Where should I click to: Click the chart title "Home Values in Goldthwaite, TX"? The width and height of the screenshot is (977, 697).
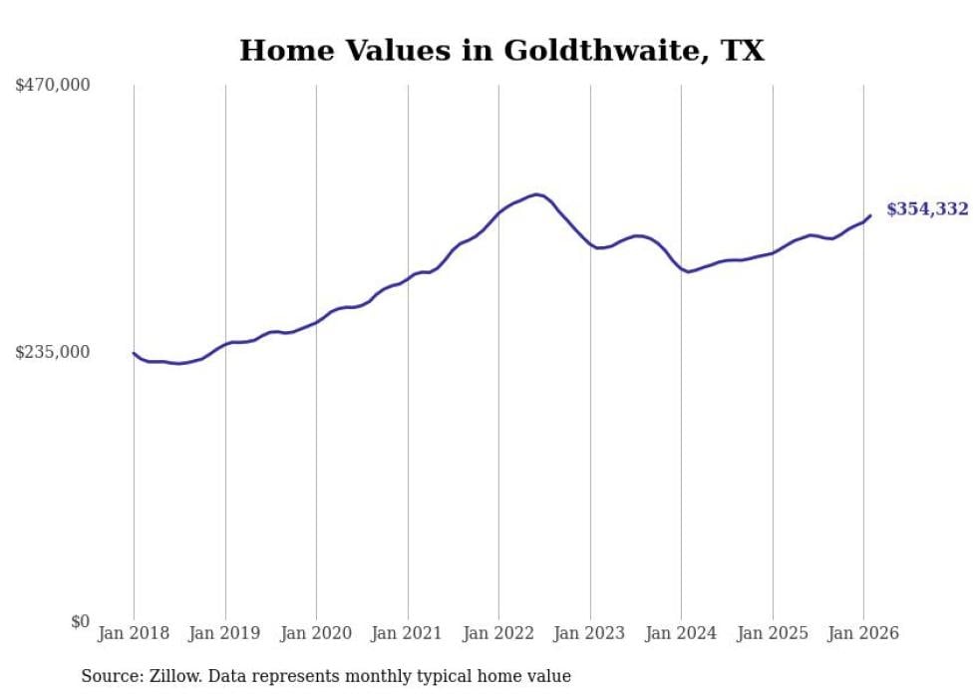[501, 51]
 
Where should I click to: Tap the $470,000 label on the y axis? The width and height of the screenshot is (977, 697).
[53, 86]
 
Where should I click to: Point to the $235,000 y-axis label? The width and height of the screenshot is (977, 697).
[53, 352]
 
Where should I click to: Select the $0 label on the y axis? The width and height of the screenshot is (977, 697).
[80, 621]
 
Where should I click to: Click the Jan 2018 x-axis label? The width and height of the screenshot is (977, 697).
[134, 633]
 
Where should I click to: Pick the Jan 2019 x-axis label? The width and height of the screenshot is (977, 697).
[224, 633]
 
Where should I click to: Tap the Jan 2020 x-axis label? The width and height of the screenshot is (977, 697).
[316, 633]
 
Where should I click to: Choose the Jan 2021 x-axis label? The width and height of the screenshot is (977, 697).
[407, 633]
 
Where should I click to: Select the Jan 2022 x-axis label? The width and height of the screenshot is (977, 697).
[498, 633]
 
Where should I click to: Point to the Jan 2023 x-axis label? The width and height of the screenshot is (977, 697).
[589, 633]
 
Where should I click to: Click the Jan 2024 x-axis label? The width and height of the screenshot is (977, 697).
[681, 633]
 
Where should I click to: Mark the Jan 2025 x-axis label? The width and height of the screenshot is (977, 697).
[772, 633]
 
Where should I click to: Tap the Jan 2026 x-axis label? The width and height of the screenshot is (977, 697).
[863, 633]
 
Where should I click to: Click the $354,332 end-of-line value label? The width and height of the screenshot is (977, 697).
[927, 209]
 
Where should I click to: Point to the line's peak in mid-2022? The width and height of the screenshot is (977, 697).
[537, 194]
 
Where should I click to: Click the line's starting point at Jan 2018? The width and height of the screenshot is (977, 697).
[134, 353]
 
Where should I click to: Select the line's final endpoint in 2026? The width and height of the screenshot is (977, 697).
[870, 215]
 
